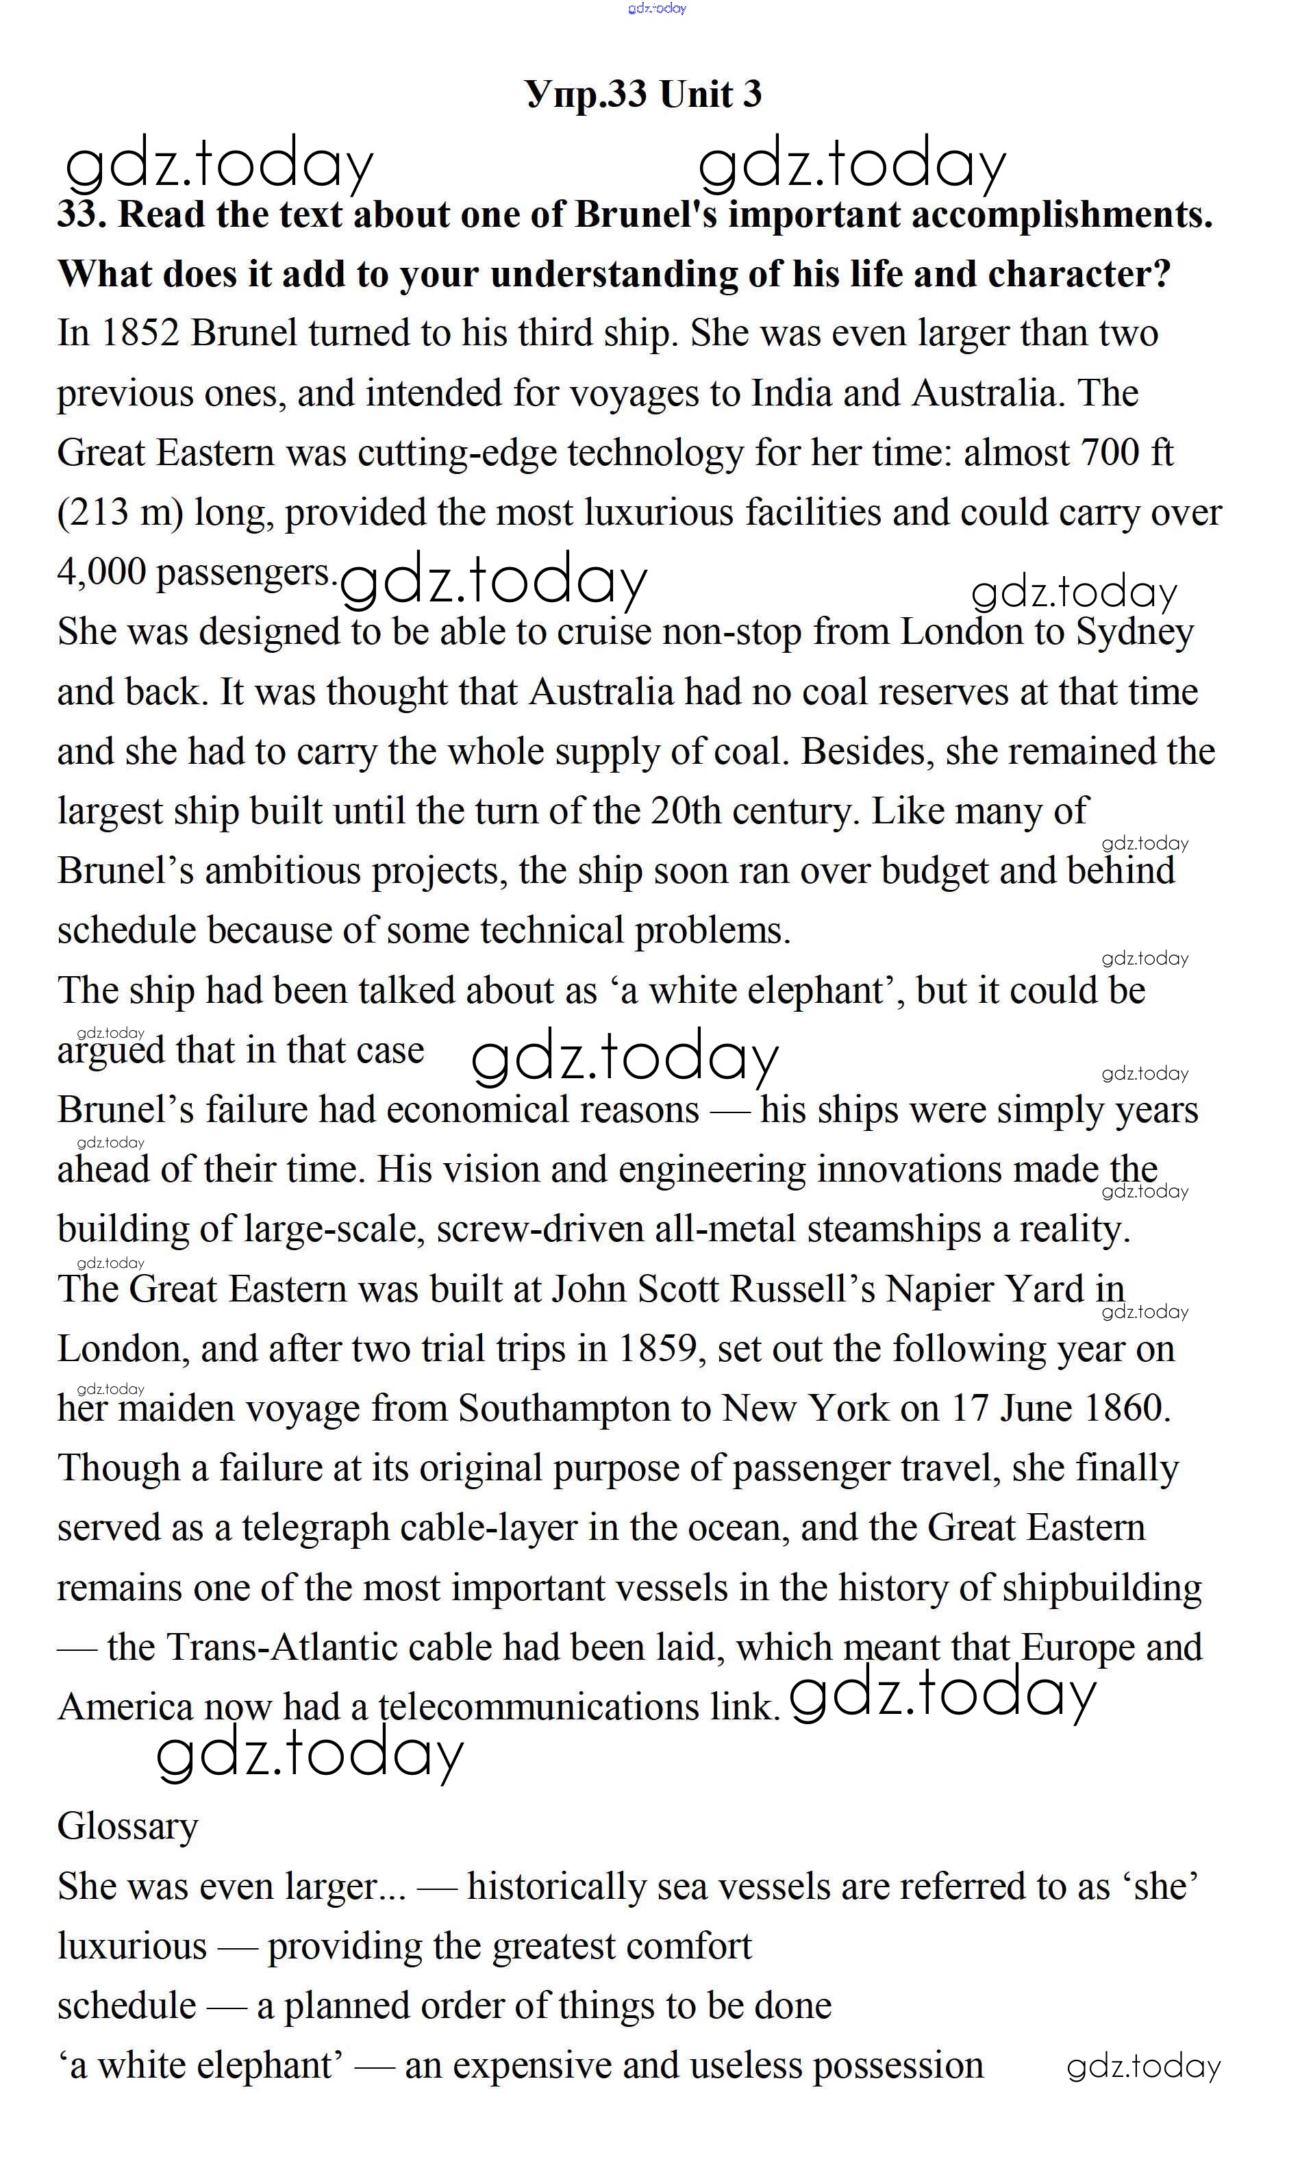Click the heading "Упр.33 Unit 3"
[643, 94]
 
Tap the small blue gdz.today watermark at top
[656, 9]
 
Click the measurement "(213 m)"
[121, 513]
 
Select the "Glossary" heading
[127, 1827]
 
